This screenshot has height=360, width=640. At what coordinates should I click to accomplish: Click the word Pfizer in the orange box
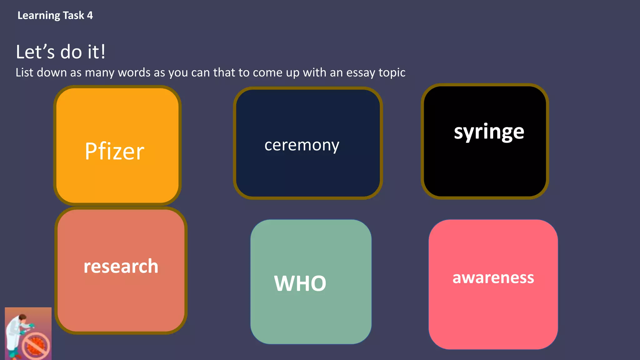[114, 152]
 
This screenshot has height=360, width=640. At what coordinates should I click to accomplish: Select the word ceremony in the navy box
[302, 145]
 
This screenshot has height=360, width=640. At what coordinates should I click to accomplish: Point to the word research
[121, 267]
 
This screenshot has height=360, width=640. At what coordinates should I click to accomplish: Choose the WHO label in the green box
[300, 283]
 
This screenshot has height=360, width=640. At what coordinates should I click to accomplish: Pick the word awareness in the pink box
[493, 277]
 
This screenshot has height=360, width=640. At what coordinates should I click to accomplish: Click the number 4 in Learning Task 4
[90, 15]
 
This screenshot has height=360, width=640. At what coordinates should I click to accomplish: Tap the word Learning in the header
[39, 16]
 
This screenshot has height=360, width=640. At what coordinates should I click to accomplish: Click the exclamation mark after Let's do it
[103, 52]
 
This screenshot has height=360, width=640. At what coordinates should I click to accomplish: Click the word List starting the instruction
[24, 72]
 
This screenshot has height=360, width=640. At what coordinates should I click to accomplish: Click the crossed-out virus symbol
[36, 346]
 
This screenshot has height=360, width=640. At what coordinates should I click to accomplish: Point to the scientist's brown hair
[22, 317]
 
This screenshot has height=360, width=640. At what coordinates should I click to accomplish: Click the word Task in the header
[73, 15]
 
